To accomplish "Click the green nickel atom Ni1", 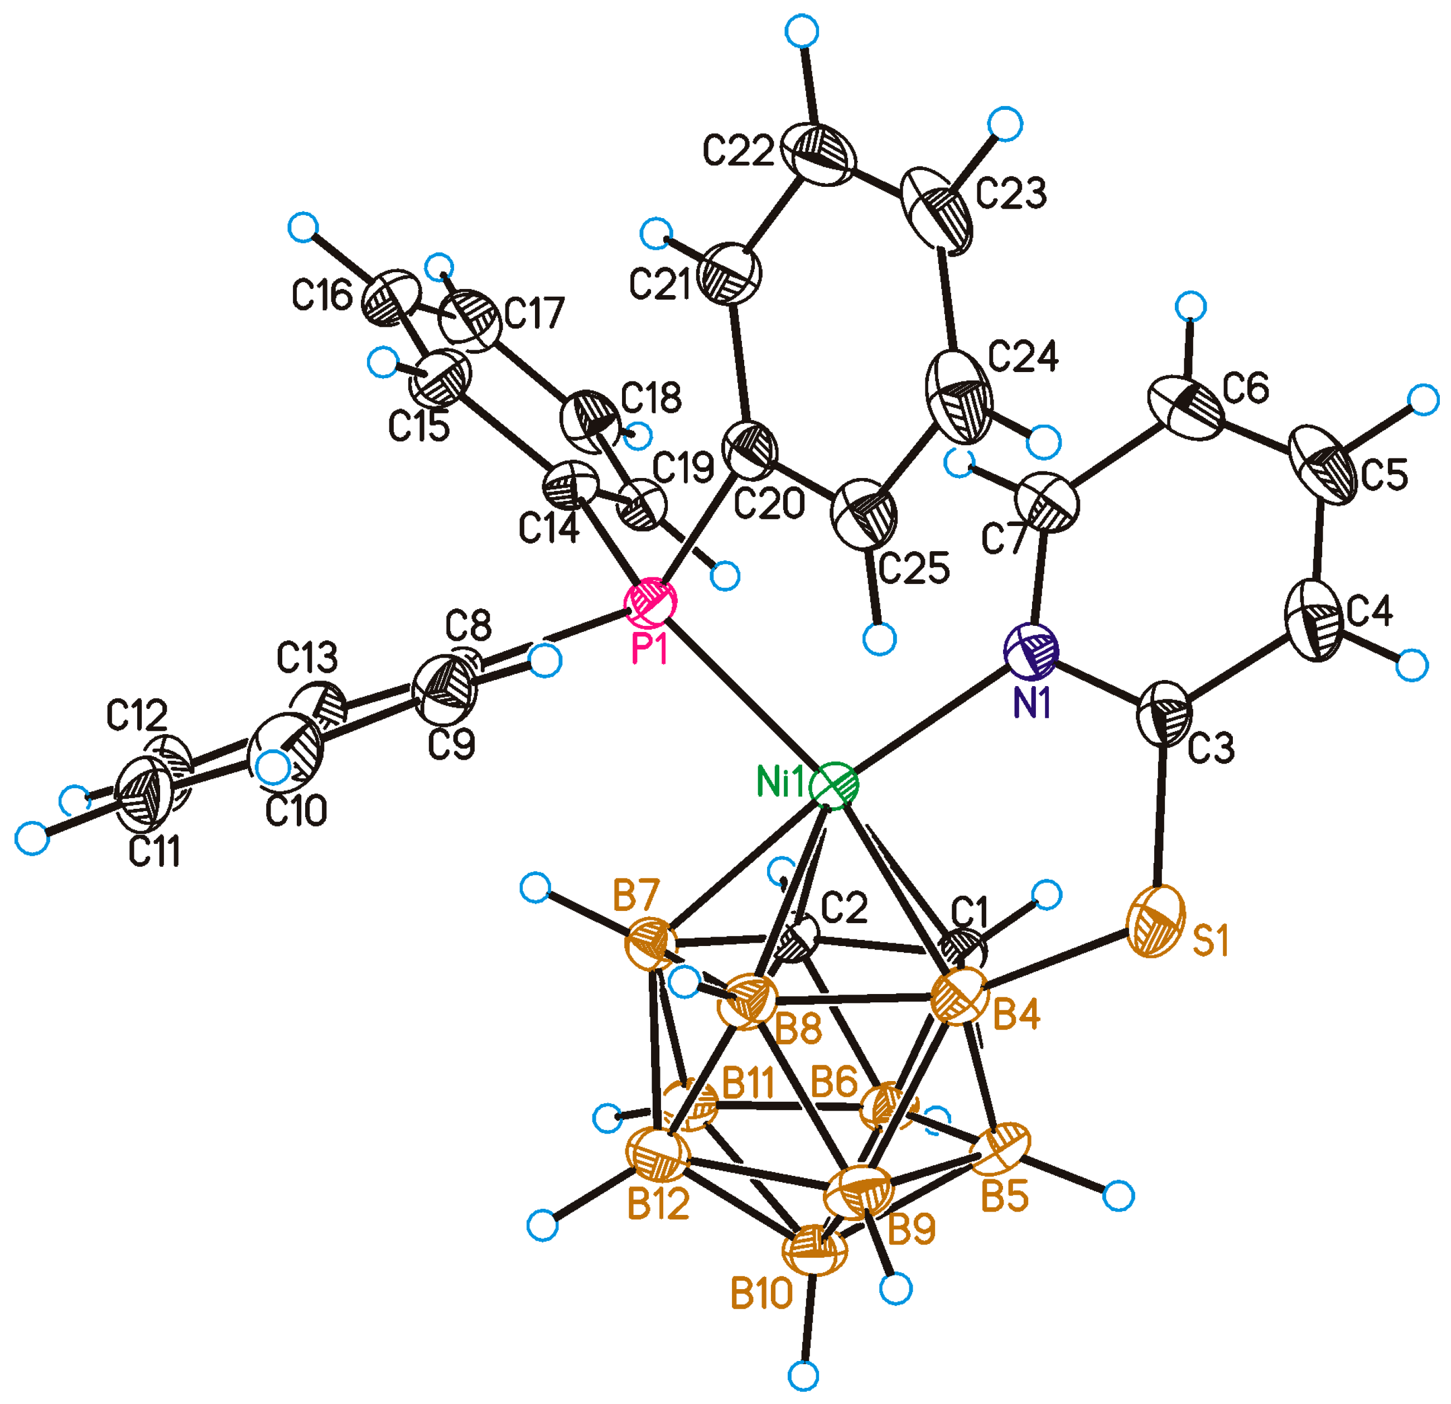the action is [x=835, y=785].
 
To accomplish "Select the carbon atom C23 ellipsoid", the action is [x=939, y=211].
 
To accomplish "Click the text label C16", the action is [x=321, y=297].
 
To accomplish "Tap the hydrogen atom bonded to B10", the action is [x=803, y=1375].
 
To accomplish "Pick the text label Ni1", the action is [x=779, y=782].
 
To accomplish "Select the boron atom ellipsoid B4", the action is [x=960, y=998].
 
